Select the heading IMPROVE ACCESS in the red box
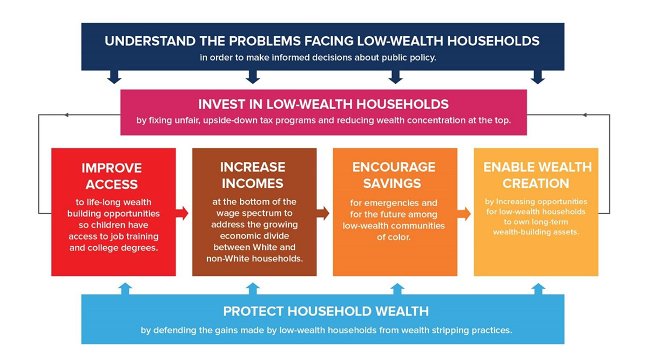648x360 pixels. point(112,176)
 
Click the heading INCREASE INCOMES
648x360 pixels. point(253,175)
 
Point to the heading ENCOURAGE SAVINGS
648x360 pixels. point(394,175)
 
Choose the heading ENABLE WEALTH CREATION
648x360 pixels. point(537,175)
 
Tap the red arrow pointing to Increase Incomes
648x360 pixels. point(182,213)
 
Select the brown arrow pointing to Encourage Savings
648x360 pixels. point(323,213)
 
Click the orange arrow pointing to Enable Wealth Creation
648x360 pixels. point(464,214)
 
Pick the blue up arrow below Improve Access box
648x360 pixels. point(125,289)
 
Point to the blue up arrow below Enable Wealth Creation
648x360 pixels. point(538,289)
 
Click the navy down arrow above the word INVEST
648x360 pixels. point(253,77)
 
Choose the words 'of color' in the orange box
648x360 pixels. point(394,237)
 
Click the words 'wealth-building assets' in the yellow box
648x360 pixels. point(536,232)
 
